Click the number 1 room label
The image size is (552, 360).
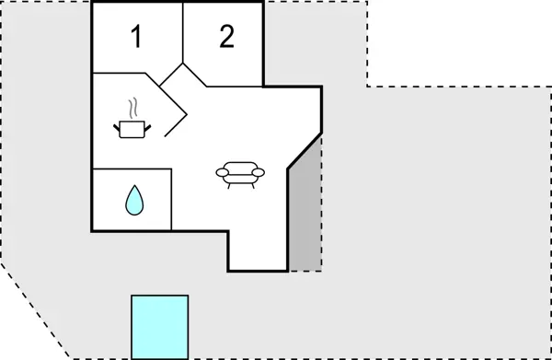tap(136, 38)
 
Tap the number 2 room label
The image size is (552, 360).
tap(226, 37)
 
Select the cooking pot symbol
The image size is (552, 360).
tap(132, 128)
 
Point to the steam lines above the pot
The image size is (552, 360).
tap(134, 106)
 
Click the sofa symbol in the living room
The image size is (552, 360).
tap(239, 173)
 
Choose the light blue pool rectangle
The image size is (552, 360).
tap(159, 326)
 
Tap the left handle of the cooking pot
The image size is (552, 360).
tap(118, 124)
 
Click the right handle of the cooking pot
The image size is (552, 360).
tap(148, 124)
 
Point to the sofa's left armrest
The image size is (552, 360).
tap(220, 171)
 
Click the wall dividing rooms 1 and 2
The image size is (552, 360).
tap(184, 33)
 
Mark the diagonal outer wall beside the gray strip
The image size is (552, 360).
tap(305, 151)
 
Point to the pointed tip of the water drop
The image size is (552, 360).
tap(134, 187)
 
